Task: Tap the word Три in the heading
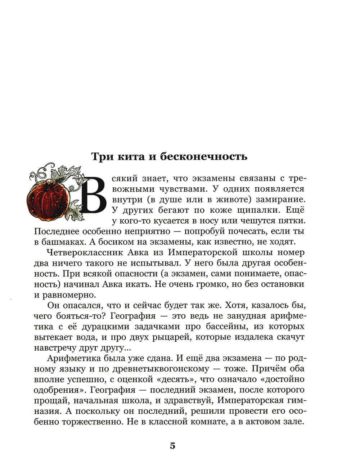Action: (101, 157)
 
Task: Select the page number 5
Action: (172, 446)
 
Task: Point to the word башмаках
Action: (62, 242)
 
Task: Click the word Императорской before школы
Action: (210, 252)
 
